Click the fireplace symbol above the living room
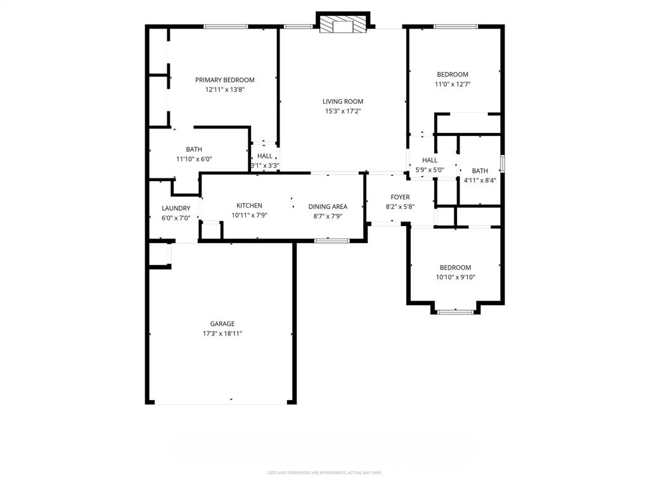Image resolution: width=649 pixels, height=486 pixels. click(x=343, y=25)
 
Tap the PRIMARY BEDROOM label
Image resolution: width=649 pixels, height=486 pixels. click(x=224, y=80)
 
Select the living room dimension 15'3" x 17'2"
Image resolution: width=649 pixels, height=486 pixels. click(x=343, y=111)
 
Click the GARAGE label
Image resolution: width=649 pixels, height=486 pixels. click(x=222, y=323)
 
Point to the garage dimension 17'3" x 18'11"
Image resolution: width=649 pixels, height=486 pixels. click(x=222, y=333)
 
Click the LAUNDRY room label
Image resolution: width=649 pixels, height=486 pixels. click(x=176, y=208)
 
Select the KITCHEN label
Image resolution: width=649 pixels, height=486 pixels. click(x=249, y=206)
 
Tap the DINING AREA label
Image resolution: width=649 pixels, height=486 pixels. click(x=328, y=206)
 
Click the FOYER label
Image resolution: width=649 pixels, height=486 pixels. click(x=400, y=197)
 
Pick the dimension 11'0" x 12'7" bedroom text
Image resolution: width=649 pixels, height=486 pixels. click(x=452, y=84)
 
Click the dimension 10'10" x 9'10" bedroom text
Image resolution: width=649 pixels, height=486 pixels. click(x=455, y=277)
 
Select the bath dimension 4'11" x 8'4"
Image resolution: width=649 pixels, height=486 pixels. click(x=480, y=180)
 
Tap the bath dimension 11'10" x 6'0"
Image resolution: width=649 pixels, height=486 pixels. click(x=194, y=159)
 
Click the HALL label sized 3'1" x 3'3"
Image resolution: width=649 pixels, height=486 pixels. click(x=265, y=156)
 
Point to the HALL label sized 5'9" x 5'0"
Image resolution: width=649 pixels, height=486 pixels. click(x=430, y=160)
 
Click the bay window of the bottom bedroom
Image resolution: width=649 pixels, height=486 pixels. click(x=456, y=311)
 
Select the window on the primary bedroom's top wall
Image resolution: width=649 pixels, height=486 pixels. click(x=225, y=27)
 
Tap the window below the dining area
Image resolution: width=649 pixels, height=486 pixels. click(x=332, y=240)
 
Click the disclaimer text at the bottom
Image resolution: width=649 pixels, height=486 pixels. click(x=324, y=473)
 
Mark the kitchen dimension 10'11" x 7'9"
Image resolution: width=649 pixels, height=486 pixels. click(x=249, y=215)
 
